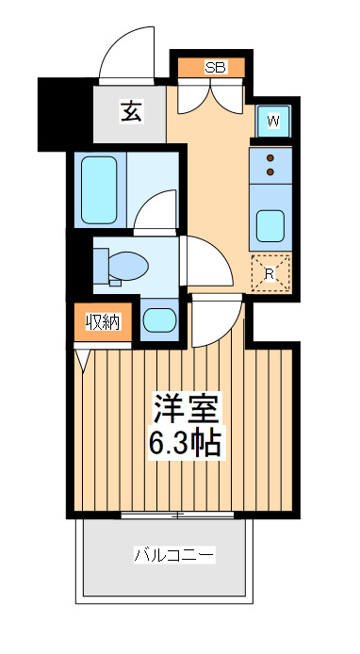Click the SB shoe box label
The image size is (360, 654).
pos(216,67)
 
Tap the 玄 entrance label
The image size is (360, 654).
pos(131,112)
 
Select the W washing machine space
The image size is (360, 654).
pos(272,122)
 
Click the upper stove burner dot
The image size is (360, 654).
pos(270,158)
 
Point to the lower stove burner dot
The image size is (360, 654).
pos(270,172)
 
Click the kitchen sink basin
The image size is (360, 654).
pos(270,225)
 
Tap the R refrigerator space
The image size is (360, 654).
pos(270,273)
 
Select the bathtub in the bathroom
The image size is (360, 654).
pos(99,189)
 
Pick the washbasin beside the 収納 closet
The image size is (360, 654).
pos(159,320)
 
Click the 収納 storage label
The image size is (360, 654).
pos(103,322)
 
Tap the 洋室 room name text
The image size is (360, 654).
pos(186,408)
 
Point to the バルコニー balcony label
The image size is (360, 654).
pos(174,555)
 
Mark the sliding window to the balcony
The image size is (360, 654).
pos(177,515)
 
